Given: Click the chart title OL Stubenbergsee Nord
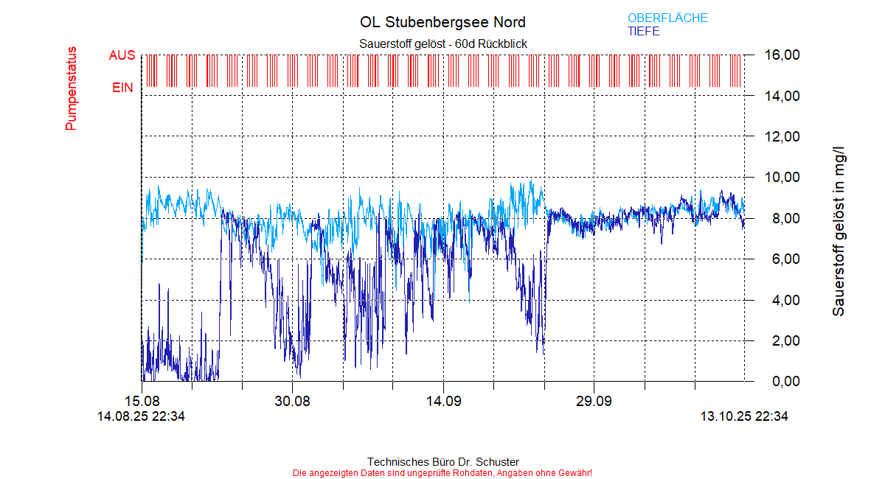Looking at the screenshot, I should point(442,22).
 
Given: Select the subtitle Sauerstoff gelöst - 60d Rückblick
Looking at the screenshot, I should point(442,44).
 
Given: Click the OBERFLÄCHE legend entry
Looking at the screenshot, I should point(667,18).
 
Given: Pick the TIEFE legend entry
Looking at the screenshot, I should point(643,32).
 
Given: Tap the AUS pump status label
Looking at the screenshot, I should point(122,55).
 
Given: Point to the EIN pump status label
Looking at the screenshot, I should point(122,88).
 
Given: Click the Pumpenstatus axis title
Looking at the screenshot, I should point(72,88).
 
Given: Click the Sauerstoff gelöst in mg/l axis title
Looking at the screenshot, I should point(839,226).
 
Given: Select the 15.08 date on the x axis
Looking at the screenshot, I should point(142,402).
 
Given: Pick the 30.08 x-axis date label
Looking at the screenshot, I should point(292,402).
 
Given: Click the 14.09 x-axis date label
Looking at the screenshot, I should point(442,402).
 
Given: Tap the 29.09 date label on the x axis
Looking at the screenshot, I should point(594,402).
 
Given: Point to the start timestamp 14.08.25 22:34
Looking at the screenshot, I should point(141,416).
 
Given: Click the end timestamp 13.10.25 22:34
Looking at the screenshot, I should point(744,416).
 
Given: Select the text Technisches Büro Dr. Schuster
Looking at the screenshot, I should point(442,462).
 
